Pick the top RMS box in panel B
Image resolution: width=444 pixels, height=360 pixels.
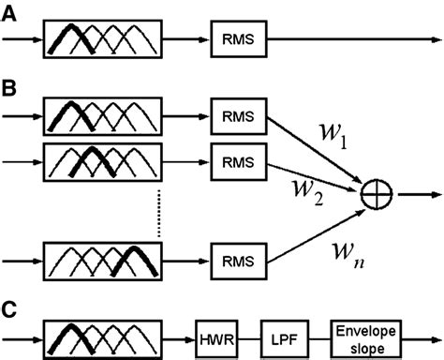click(235, 117)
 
